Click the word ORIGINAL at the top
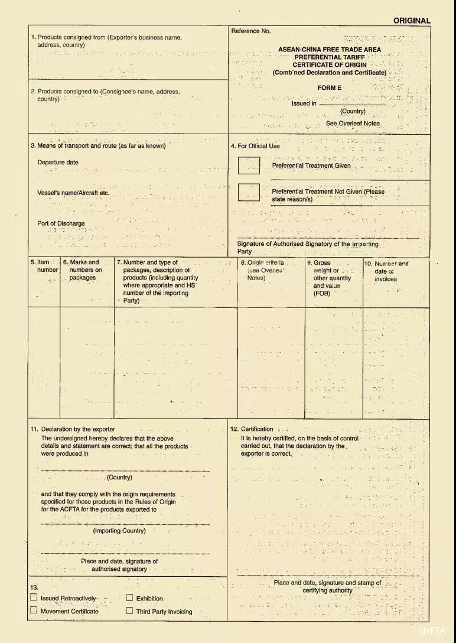click(412, 21)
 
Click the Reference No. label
click(251, 31)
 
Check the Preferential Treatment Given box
click(249, 165)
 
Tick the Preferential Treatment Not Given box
click(249, 192)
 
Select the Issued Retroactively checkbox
click(34, 598)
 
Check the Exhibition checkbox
click(129, 598)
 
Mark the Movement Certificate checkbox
click(34, 610)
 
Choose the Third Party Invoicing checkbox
click(129, 611)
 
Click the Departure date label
click(57, 163)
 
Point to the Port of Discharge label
click(61, 223)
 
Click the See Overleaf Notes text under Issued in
click(353, 124)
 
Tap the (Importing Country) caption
click(119, 531)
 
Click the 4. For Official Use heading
click(259, 146)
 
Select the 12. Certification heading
click(252, 429)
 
